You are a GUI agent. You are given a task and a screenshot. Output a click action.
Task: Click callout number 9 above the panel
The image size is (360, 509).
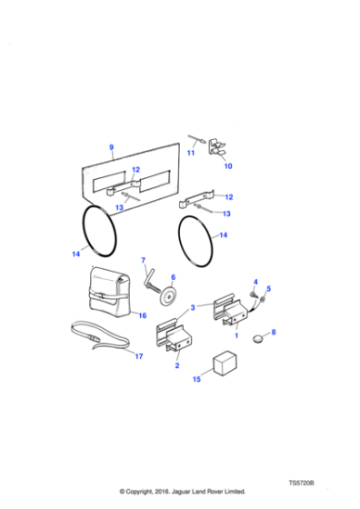coord(111,147)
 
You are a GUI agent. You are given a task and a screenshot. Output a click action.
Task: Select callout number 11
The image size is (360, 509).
coord(191,153)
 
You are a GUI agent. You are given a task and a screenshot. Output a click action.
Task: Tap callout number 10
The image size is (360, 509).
coord(228,166)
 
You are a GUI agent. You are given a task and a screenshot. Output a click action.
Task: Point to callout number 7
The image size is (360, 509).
coord(142,262)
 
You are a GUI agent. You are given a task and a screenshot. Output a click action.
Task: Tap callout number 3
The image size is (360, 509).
coord(193,307)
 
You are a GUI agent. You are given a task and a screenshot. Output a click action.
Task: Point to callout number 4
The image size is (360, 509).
coord(255,282)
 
